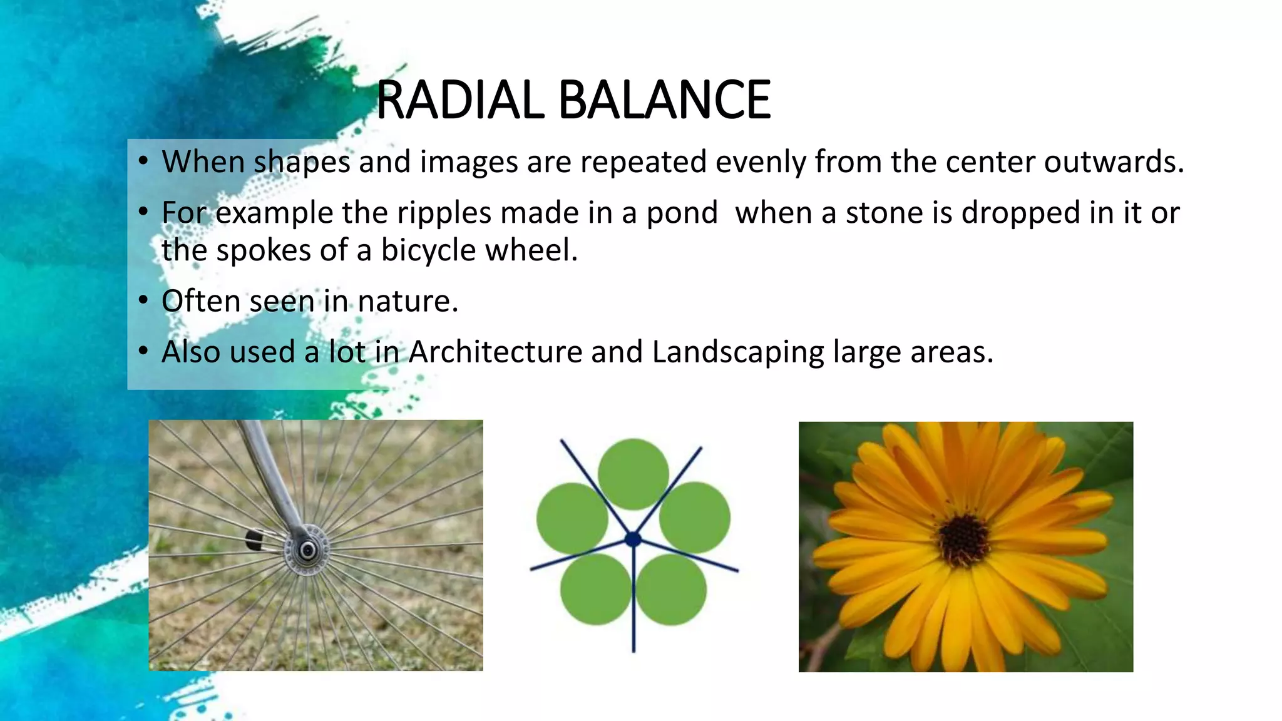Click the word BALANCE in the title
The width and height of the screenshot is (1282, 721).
[664, 100]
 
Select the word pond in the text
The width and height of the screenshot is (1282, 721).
[682, 213]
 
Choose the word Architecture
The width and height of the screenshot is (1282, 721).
[496, 352]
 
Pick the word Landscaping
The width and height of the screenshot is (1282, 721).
[738, 352]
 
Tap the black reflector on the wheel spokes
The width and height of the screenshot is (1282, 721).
[254, 539]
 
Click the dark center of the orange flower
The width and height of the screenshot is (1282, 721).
[964, 539]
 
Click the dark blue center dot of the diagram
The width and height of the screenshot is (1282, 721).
[633, 539]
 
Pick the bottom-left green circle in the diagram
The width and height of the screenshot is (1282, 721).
[595, 589]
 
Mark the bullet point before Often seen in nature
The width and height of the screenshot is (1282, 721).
[143, 301]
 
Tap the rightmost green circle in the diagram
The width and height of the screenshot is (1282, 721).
[695, 518]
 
